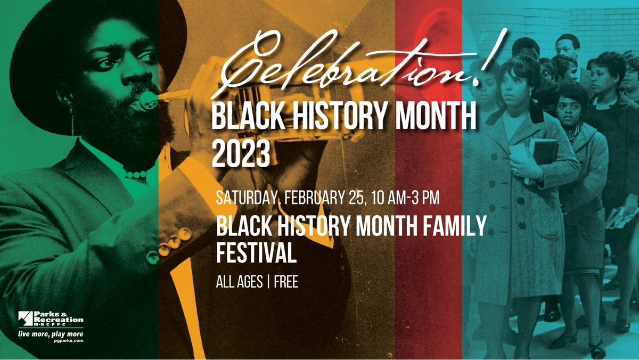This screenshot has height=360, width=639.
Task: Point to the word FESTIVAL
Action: point(256,252)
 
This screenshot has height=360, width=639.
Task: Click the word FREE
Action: point(286,282)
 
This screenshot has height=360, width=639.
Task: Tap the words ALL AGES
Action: point(239,282)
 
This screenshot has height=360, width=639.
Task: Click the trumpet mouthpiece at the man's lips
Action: point(146,100)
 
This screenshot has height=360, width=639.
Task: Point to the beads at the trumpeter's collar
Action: point(135,175)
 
